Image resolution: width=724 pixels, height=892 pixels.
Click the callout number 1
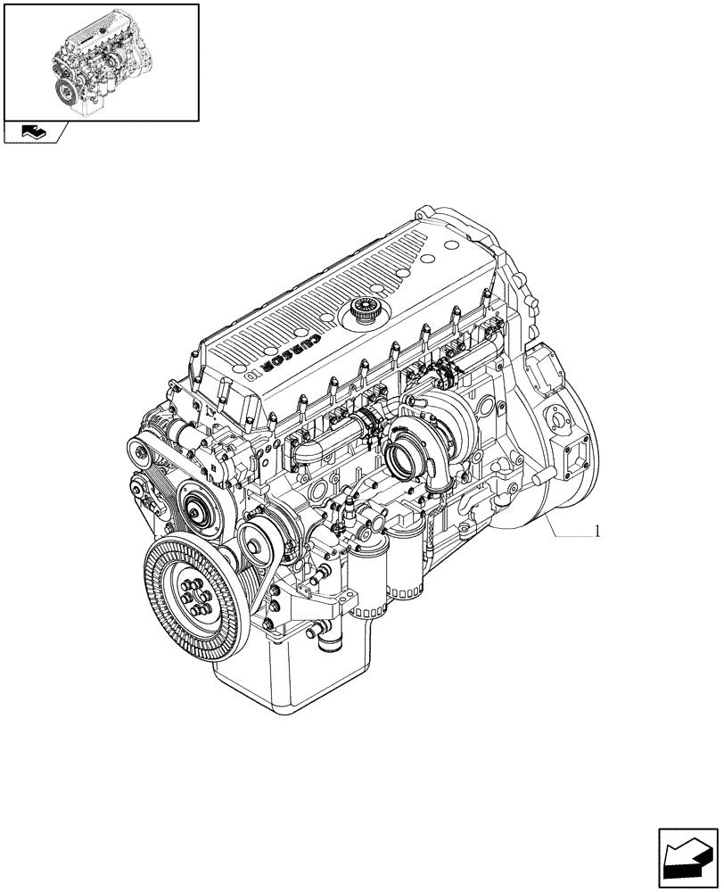click(596, 533)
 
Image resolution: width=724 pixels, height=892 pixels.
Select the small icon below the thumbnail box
click(34, 134)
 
